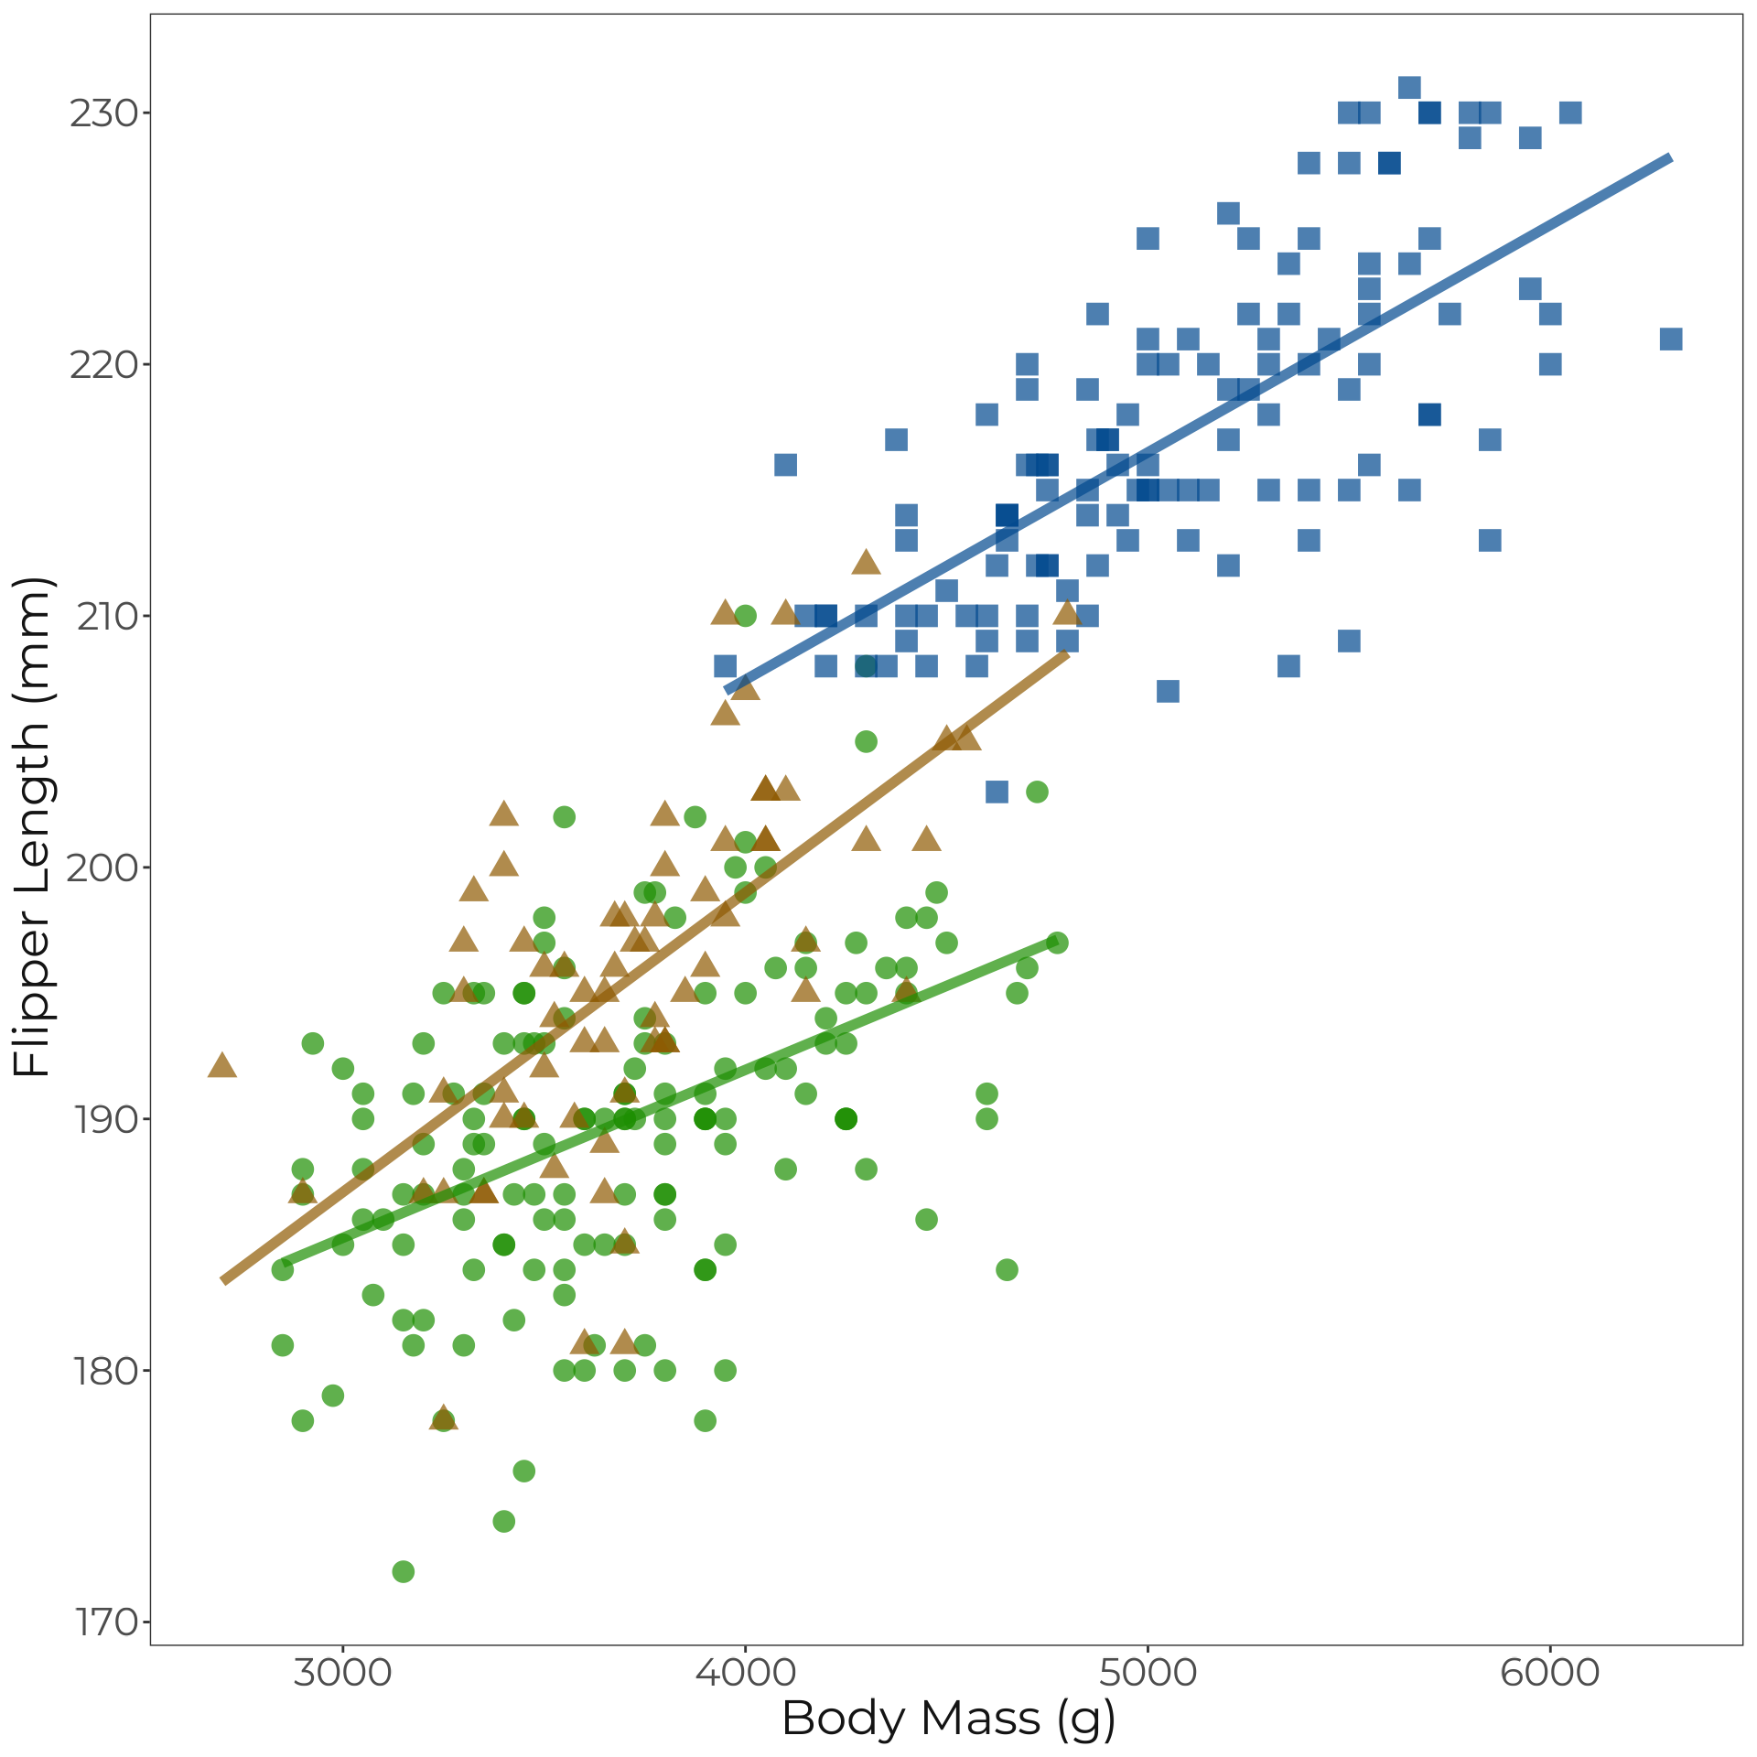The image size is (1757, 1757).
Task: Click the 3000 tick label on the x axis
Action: (342, 1673)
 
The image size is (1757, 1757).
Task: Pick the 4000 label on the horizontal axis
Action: (745, 1673)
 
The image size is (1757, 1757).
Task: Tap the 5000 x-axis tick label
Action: (1148, 1673)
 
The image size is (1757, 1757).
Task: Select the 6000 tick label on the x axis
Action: (1550, 1673)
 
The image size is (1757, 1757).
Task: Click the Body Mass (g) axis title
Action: (948, 1719)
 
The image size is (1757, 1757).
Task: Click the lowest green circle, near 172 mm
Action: (403, 1571)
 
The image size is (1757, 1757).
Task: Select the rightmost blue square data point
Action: (1671, 340)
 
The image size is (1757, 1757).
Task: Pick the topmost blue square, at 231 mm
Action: (1409, 88)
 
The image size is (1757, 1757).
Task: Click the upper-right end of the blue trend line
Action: (1670, 158)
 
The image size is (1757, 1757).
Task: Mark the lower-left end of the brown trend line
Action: (224, 1280)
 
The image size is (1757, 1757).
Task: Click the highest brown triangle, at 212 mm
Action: (866, 564)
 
